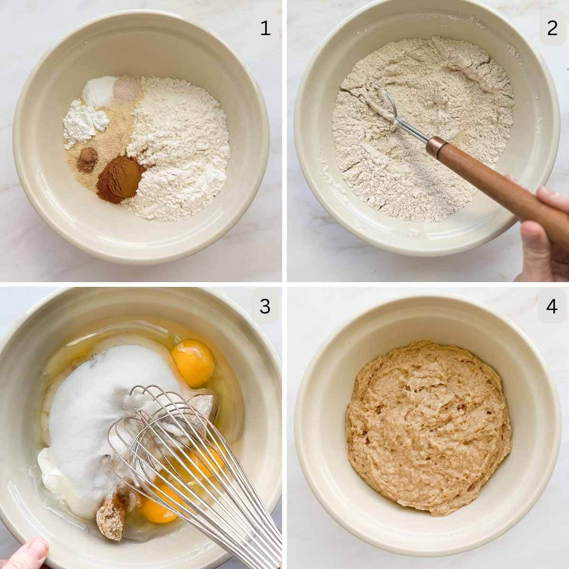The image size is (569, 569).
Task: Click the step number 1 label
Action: point(265,29)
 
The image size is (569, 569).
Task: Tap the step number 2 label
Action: point(552,29)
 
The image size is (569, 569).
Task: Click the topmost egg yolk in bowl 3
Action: point(193,363)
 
